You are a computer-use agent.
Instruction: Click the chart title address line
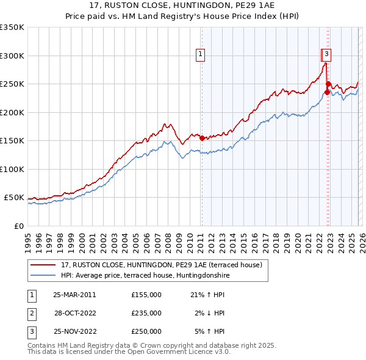point(183,7)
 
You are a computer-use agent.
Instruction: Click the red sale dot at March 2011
point(202,138)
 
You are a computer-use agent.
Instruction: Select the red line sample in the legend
point(43,265)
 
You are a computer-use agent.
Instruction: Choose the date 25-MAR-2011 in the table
point(74,294)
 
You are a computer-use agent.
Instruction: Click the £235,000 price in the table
point(146,313)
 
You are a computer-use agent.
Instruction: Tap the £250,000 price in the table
point(146,332)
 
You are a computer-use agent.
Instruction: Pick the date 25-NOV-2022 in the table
point(74,332)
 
